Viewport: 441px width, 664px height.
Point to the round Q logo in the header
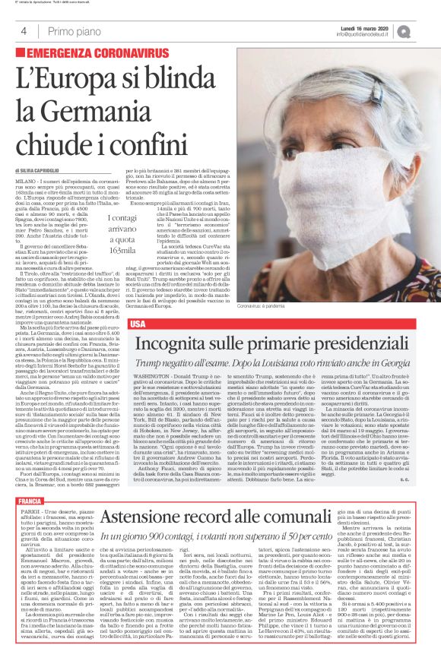(x=424, y=30)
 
